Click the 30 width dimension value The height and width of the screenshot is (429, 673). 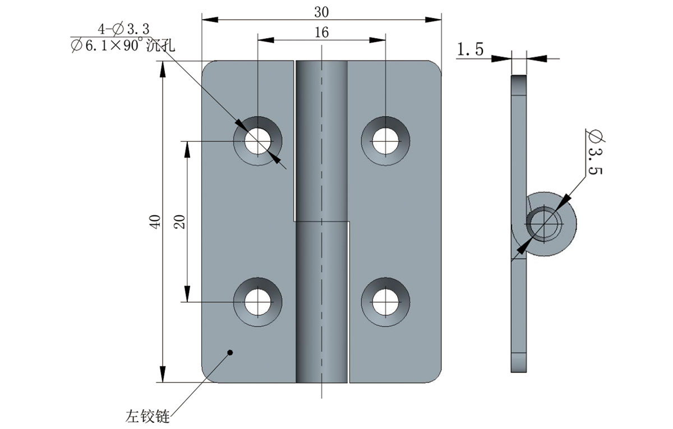tap(321, 11)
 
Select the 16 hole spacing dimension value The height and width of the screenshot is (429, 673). tap(321, 33)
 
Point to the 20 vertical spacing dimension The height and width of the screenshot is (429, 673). tap(179, 221)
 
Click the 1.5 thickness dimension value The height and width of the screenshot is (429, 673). tap(470, 50)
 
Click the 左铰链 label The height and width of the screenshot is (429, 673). tap(147, 417)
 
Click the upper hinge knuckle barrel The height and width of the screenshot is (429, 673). tap(321, 140)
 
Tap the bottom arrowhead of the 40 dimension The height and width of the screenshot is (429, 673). tap(163, 375)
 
